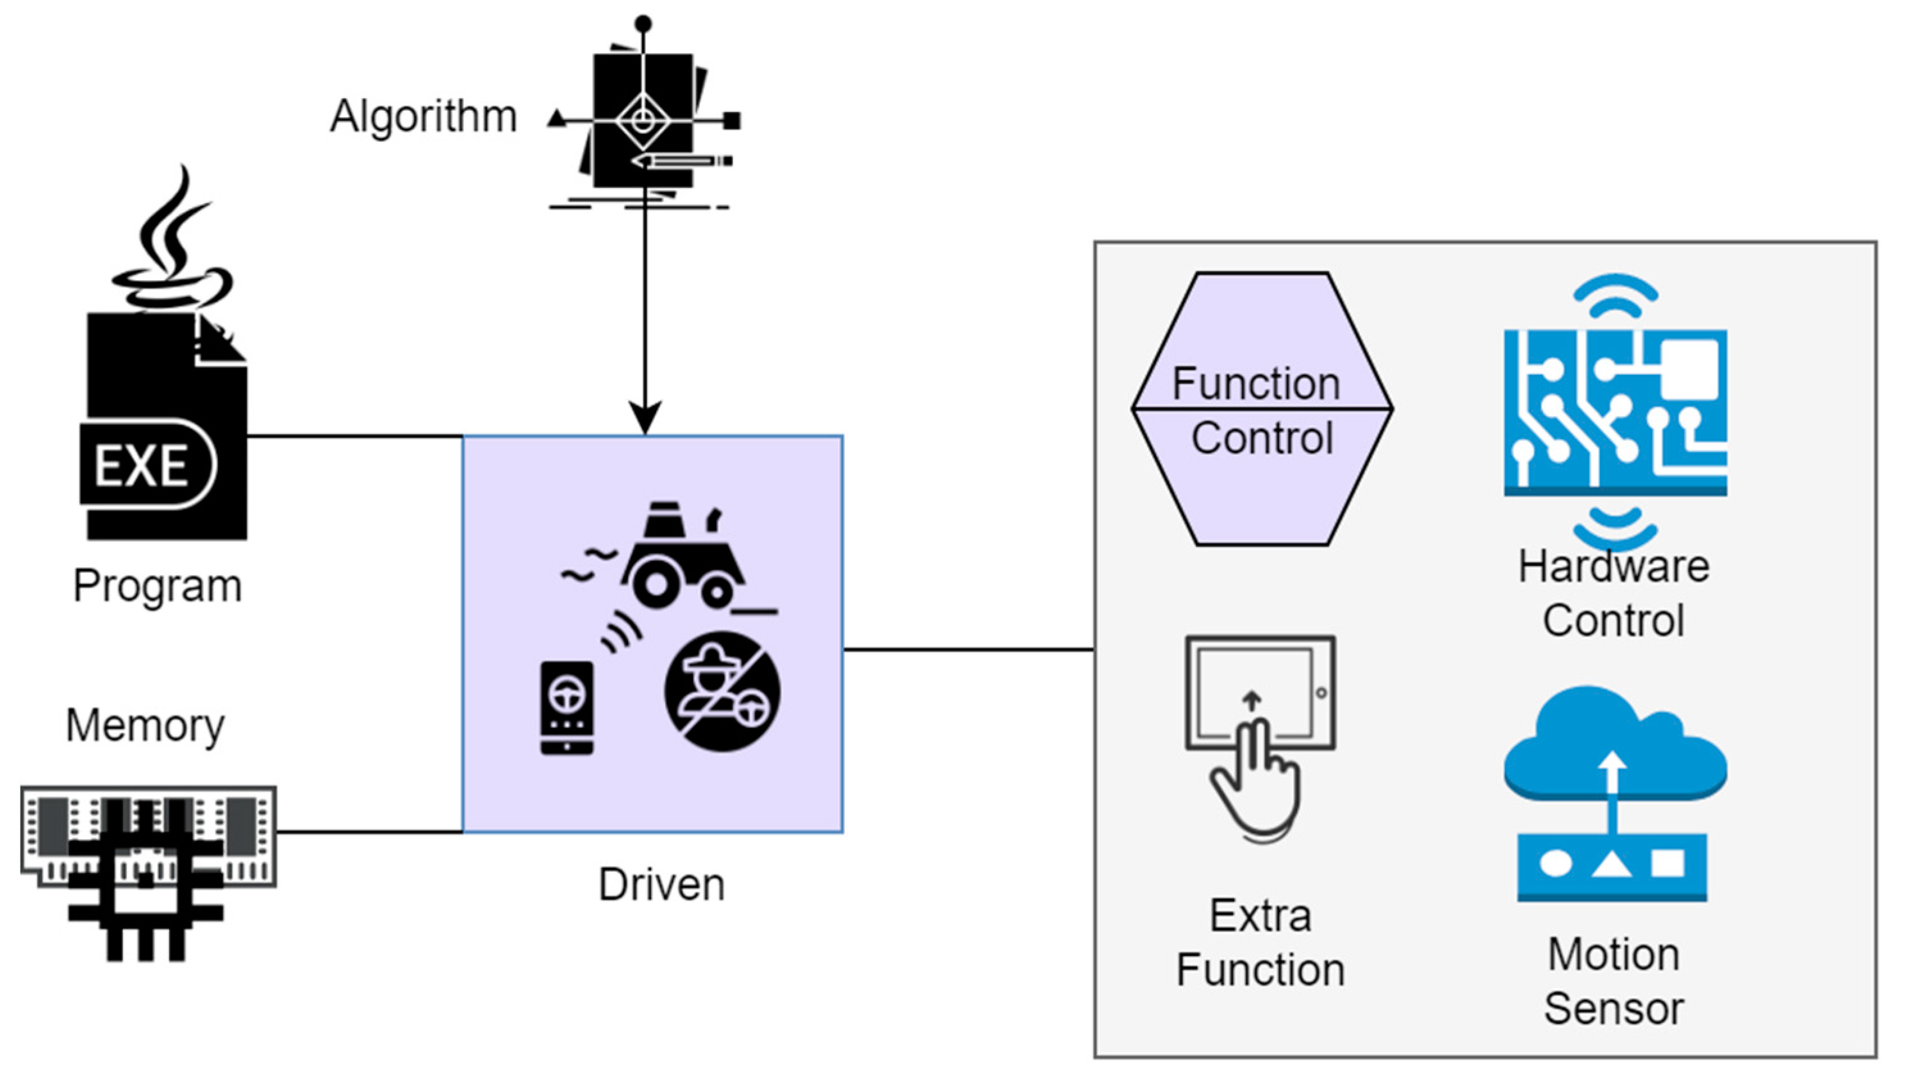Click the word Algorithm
click(x=423, y=117)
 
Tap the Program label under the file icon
click(x=157, y=586)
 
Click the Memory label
click(x=145, y=726)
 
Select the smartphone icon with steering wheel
click(x=566, y=708)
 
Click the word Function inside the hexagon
click(x=1255, y=384)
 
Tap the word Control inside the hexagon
click(x=1262, y=438)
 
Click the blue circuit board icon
click(x=1615, y=412)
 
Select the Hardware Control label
click(x=1614, y=593)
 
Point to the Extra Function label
click(x=1260, y=942)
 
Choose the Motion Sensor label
click(x=1614, y=981)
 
